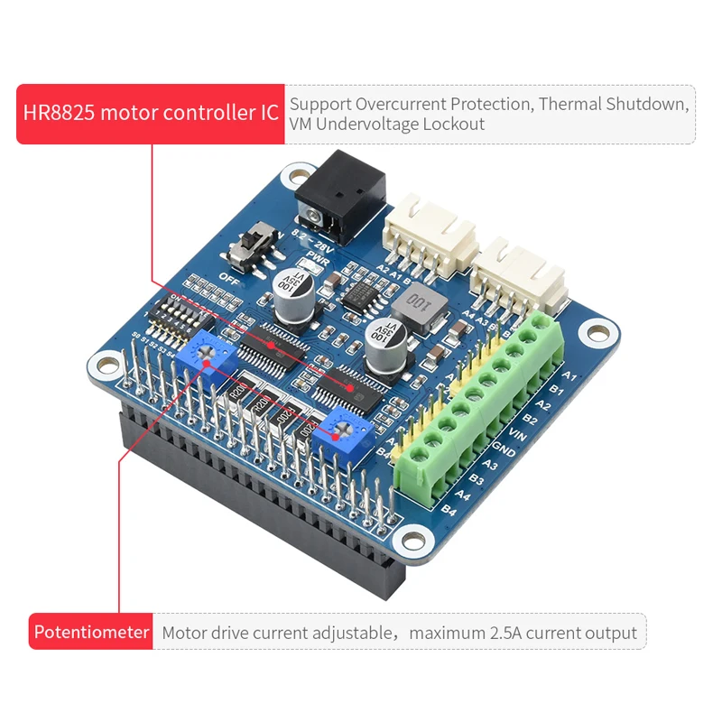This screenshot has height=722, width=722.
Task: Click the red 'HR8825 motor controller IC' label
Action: (151, 114)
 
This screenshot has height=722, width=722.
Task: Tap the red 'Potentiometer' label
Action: (91, 633)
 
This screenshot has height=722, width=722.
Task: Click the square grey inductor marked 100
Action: (421, 301)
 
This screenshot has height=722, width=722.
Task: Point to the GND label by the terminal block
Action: (503, 450)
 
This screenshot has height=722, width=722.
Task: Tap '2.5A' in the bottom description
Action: (502, 634)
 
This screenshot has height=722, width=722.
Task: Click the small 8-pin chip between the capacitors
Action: (361, 292)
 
